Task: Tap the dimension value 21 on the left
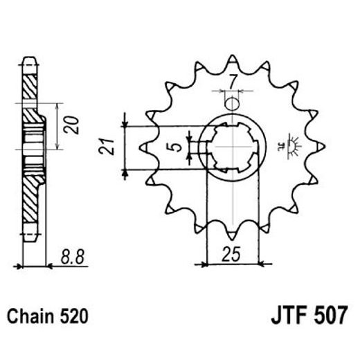[105, 147]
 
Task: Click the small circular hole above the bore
[233, 104]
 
